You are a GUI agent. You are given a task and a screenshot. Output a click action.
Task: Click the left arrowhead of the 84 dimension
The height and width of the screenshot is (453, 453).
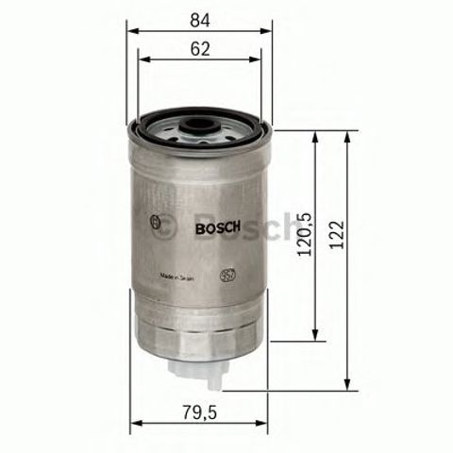(x=131, y=30)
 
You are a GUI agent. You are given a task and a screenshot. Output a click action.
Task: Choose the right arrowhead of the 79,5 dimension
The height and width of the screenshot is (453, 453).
(x=265, y=422)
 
